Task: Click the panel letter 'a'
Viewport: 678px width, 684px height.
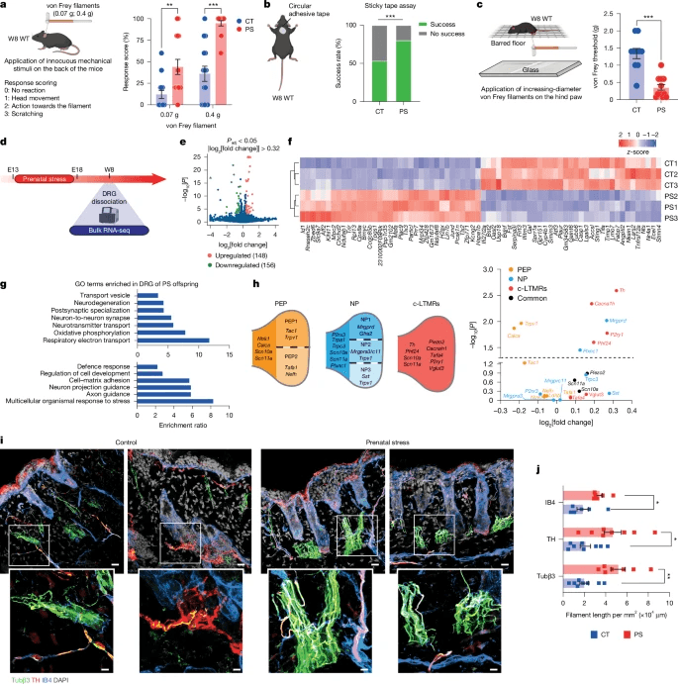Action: pyautogui.click(x=6, y=7)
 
